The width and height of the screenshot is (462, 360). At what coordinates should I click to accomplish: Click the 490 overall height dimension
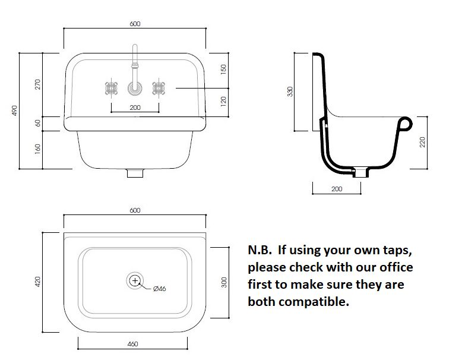14,111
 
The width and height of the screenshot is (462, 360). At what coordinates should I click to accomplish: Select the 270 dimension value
37,84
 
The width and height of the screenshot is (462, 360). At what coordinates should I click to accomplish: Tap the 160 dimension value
37,148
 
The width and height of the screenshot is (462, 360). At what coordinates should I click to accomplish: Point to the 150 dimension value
224,70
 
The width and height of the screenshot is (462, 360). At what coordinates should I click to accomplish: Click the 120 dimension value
224,102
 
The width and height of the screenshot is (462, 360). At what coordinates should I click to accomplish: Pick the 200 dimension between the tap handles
135,108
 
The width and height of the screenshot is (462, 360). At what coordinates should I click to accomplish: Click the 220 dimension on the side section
423,143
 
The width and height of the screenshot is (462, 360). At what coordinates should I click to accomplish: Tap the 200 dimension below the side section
336,188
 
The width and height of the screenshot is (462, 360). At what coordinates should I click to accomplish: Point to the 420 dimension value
37,281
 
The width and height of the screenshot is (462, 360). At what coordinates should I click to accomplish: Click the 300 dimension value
224,282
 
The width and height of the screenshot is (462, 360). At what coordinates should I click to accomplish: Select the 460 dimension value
134,345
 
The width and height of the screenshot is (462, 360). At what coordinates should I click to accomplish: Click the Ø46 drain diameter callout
159,289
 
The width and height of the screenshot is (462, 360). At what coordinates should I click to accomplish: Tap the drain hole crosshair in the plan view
135,280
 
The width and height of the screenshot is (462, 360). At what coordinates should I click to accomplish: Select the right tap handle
159,89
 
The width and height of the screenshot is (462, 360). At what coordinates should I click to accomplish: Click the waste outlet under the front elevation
135,174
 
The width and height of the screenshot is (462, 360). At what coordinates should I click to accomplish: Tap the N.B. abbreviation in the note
260,250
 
